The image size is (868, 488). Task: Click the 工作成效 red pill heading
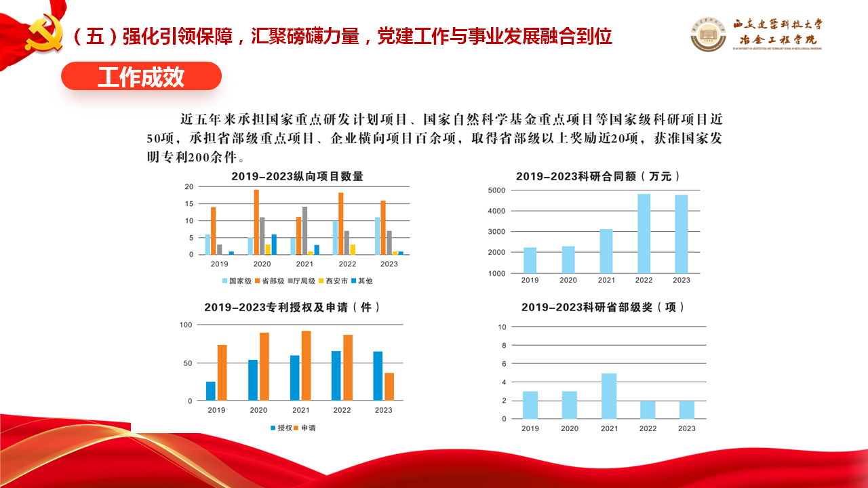[x=141, y=77]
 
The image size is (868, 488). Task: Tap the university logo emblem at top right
[x=709, y=34]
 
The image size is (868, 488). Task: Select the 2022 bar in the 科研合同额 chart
[x=644, y=234]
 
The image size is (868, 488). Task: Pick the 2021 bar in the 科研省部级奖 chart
[x=609, y=396]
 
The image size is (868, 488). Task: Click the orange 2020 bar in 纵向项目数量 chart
[x=256, y=222]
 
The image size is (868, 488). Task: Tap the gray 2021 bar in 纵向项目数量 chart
[x=305, y=230]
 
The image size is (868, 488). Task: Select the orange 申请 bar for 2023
[x=389, y=386]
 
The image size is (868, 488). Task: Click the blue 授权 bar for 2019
[x=211, y=391]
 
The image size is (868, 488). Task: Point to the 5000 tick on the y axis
[x=496, y=190]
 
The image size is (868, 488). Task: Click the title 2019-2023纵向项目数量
[x=297, y=176]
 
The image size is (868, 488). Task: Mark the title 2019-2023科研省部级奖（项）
[x=603, y=307]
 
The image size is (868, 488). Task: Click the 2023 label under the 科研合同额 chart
[x=682, y=280]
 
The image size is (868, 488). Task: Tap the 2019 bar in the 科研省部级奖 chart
[x=530, y=405]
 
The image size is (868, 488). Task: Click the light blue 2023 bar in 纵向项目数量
[x=378, y=236]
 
